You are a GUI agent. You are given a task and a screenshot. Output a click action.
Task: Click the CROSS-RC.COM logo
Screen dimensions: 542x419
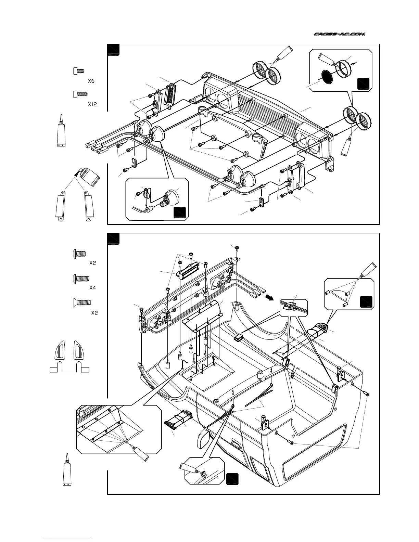click(x=340, y=34)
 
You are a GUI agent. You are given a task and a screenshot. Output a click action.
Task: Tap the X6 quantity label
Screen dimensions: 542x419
click(x=91, y=81)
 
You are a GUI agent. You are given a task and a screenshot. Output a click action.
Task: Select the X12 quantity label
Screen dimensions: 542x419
click(x=92, y=104)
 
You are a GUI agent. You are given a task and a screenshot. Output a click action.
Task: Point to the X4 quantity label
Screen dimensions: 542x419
click(x=92, y=288)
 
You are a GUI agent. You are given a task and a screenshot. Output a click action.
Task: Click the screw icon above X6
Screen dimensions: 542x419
click(x=79, y=71)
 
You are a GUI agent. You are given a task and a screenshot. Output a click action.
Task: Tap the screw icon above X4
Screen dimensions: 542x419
click(x=82, y=279)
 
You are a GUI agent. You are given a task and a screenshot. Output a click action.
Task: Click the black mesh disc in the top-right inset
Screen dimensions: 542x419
click(x=327, y=77)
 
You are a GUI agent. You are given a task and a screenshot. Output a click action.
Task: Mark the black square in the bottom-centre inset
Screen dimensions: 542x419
click(x=232, y=478)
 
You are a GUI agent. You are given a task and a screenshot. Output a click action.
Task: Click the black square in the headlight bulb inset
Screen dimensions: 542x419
click(x=180, y=213)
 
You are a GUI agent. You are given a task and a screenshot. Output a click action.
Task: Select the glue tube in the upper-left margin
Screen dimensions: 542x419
click(x=61, y=131)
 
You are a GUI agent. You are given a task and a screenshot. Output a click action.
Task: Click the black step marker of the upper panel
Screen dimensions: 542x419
click(x=113, y=50)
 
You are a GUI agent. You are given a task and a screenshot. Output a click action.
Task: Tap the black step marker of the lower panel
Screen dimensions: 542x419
click(x=113, y=239)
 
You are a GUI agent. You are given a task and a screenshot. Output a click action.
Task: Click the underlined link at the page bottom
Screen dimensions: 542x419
click(x=68, y=539)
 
